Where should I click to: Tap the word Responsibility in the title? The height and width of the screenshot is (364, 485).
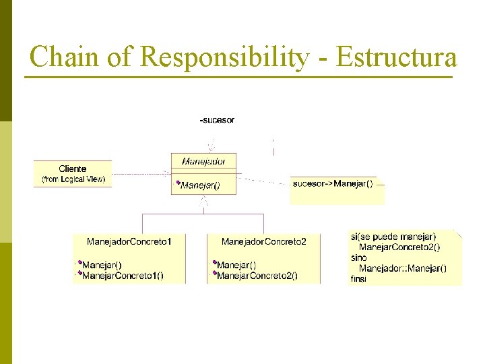coord(224,58)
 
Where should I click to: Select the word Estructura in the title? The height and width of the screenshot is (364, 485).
coord(396,57)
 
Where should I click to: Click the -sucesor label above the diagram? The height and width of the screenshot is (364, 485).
coord(217,120)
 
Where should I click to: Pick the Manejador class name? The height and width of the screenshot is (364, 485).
coord(203,161)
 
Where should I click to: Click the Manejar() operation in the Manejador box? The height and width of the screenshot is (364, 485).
coord(200,185)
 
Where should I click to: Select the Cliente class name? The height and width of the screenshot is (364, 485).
coord(73,169)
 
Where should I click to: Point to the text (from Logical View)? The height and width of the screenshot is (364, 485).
coord(73,179)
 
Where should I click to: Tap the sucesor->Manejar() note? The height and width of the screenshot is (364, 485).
coord(333,183)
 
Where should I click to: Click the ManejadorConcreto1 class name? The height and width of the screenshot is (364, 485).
coord(129,241)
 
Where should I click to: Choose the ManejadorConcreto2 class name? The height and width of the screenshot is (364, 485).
coord(264,241)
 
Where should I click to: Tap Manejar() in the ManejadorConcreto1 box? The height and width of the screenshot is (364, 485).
coord(102,265)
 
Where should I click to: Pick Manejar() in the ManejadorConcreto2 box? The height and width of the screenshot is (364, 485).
coord(236,265)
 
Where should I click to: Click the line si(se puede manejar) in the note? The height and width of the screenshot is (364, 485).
coord(393,237)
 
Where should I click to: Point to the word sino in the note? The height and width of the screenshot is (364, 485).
coord(359,257)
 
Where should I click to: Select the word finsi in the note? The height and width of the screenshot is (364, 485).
coord(359,278)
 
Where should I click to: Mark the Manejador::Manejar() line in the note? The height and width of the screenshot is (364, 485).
coord(402,268)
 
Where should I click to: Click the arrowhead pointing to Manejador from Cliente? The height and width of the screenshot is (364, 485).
coord(167,173)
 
